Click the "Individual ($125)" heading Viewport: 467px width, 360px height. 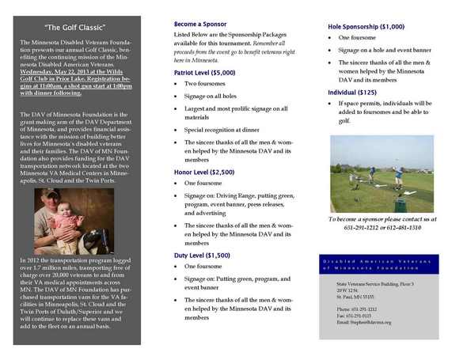point(352,93)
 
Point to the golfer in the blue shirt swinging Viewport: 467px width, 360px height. point(372,172)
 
